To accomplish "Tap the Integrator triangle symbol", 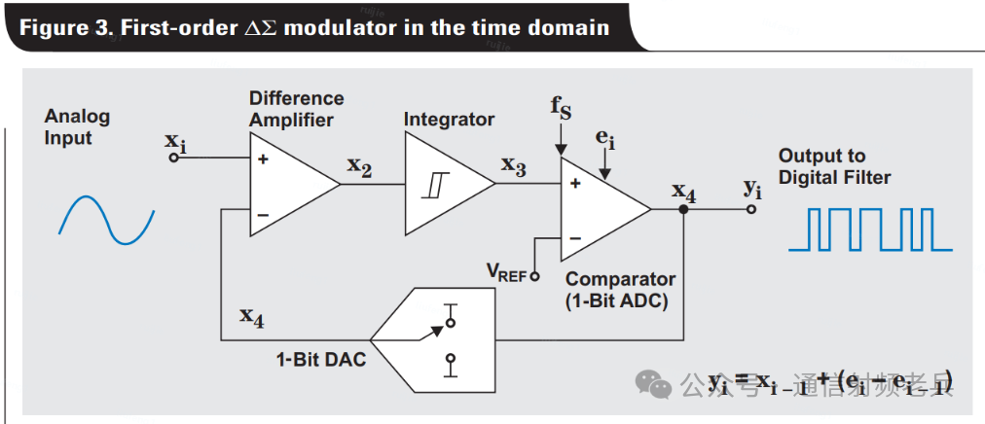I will click(443, 183).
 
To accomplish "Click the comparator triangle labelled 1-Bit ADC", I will click(598, 208).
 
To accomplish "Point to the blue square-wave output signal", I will click(868, 230).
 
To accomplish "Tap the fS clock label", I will click(561, 106).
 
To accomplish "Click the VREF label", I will click(506, 271).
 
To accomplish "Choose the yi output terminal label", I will click(752, 187).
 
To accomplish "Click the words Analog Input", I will click(77, 126).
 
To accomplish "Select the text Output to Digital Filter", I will click(834, 166).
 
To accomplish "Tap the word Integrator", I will click(449, 119).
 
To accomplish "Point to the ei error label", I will click(605, 138).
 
